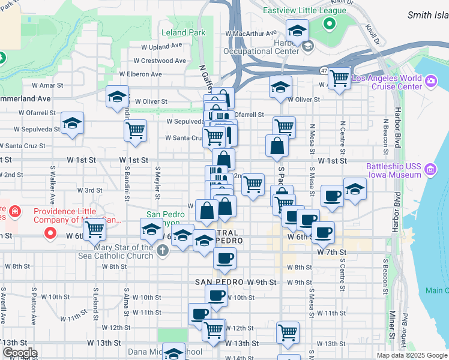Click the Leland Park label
tap(183, 33)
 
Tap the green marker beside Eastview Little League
tap(328, 25)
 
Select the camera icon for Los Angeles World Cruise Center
tap(430, 81)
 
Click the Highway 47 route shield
tap(324, 71)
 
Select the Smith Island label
tap(427, 15)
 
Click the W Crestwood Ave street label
tap(160, 61)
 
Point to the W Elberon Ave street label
tap(140, 74)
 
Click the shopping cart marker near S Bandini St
tap(136, 130)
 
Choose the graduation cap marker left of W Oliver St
tap(118, 96)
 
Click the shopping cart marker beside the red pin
tap(95, 228)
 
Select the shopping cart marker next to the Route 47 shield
tap(340, 77)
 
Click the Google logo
tap(20, 353)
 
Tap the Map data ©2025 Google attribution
tap(411, 355)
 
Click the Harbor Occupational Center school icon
tap(307, 46)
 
